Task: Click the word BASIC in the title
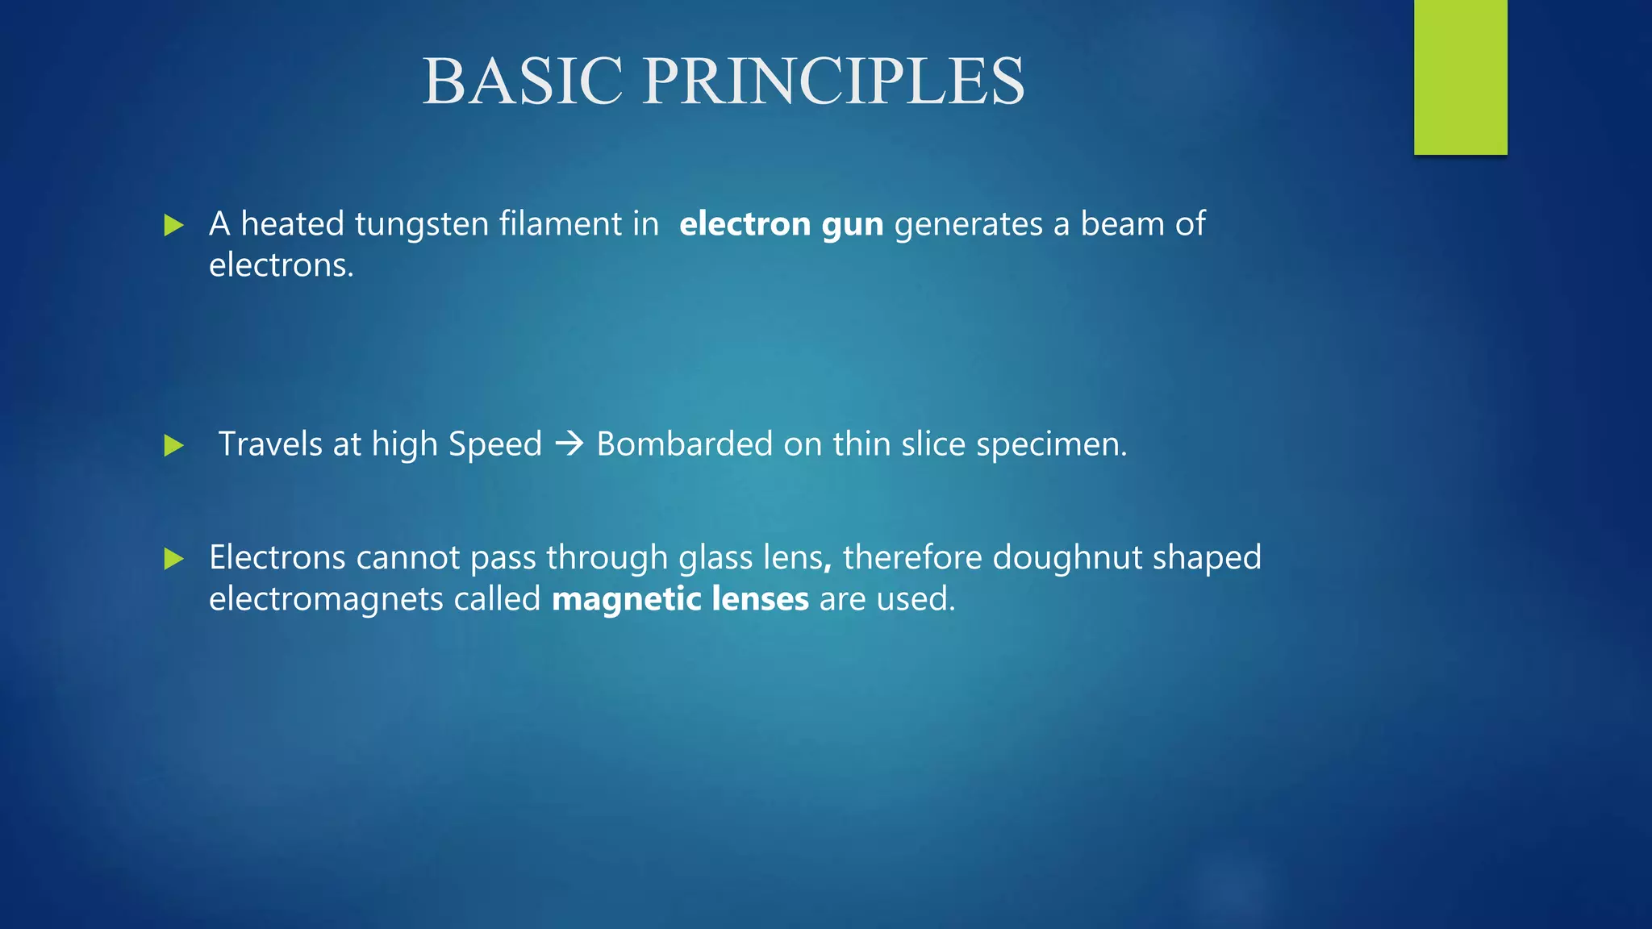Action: click(523, 81)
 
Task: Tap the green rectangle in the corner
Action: click(1460, 77)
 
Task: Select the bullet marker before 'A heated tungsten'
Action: click(173, 225)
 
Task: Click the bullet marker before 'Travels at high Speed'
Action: click(173, 445)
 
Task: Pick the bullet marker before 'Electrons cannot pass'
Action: click(173, 558)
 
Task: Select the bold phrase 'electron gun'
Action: click(781, 224)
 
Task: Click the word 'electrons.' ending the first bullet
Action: click(282, 265)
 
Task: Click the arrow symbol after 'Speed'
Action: click(569, 444)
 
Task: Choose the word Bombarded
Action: click(684, 444)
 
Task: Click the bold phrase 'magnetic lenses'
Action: click(680, 599)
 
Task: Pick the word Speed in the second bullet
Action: click(494, 444)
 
